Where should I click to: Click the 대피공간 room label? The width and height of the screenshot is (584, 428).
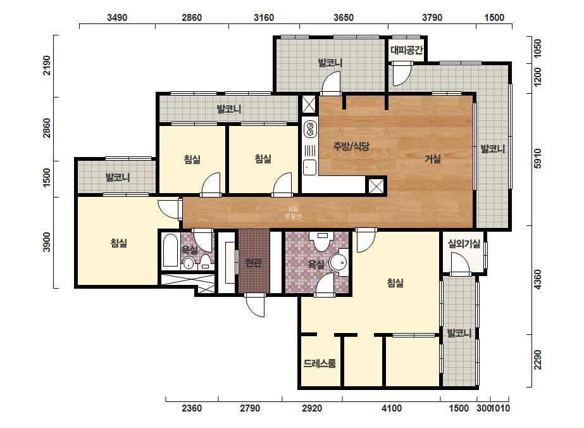pos(407,49)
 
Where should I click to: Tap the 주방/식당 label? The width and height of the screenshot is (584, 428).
pos(351,146)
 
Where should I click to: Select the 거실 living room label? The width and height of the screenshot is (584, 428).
pos(432,159)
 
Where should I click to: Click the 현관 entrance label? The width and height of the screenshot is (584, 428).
pos(254,263)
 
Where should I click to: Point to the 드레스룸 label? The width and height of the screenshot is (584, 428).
pos(320,363)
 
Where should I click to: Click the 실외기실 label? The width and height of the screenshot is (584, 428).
pos(464,244)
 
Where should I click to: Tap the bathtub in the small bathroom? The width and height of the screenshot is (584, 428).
pos(171,250)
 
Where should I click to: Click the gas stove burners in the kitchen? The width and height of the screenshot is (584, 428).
pos(309,129)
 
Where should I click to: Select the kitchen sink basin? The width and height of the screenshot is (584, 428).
pos(309,167)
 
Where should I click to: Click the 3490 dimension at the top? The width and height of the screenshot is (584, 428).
pos(117,18)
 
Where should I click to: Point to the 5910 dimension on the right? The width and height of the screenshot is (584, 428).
pos(537,159)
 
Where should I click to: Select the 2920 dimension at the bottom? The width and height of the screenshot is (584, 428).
pos(312,408)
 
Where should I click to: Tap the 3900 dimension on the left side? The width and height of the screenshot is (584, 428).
pos(46,242)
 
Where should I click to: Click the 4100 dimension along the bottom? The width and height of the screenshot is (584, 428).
pos(392,408)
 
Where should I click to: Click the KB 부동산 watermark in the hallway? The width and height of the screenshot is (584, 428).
pos(293,213)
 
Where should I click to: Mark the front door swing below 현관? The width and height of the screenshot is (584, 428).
pos(256,305)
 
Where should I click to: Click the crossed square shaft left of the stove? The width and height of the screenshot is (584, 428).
pos(309,104)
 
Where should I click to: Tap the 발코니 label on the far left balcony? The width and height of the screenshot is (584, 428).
pos(118,177)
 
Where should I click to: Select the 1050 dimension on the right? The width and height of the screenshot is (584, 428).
pos(537,48)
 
